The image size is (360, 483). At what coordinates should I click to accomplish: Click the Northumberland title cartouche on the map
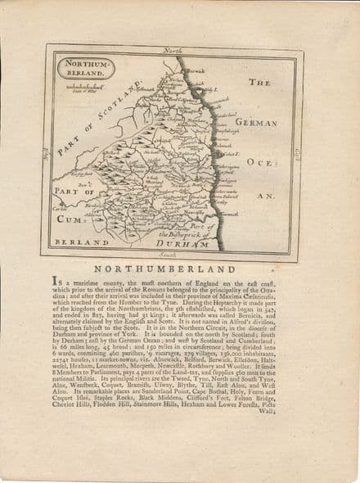click(85, 68)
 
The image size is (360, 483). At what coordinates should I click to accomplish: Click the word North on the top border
click(173, 51)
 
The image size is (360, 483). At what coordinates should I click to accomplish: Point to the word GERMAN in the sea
click(257, 122)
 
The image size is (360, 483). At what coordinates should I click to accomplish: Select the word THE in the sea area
click(259, 84)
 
